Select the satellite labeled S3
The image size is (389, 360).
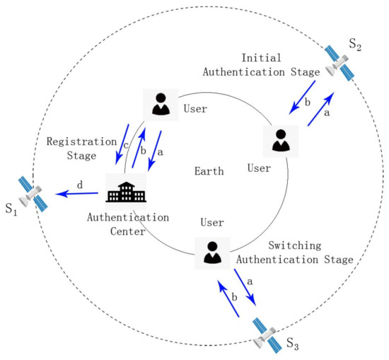269,334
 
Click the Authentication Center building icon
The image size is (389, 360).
125,190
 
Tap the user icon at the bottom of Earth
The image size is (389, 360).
211,252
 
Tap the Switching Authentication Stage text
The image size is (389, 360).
310,252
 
